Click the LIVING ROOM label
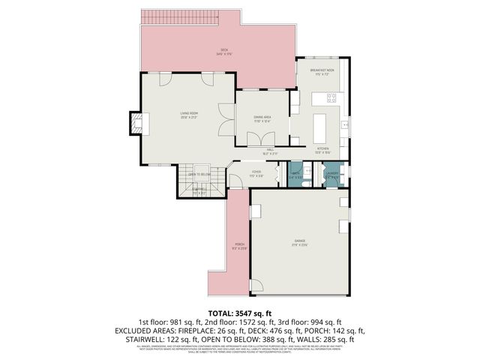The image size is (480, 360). (188, 115)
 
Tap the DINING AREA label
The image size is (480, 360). (262, 118)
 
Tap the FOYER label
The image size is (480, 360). (256, 173)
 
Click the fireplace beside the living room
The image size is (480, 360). (136, 123)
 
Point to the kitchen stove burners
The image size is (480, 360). (332, 97)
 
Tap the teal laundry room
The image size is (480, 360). (331, 174)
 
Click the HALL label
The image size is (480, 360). (271, 151)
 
